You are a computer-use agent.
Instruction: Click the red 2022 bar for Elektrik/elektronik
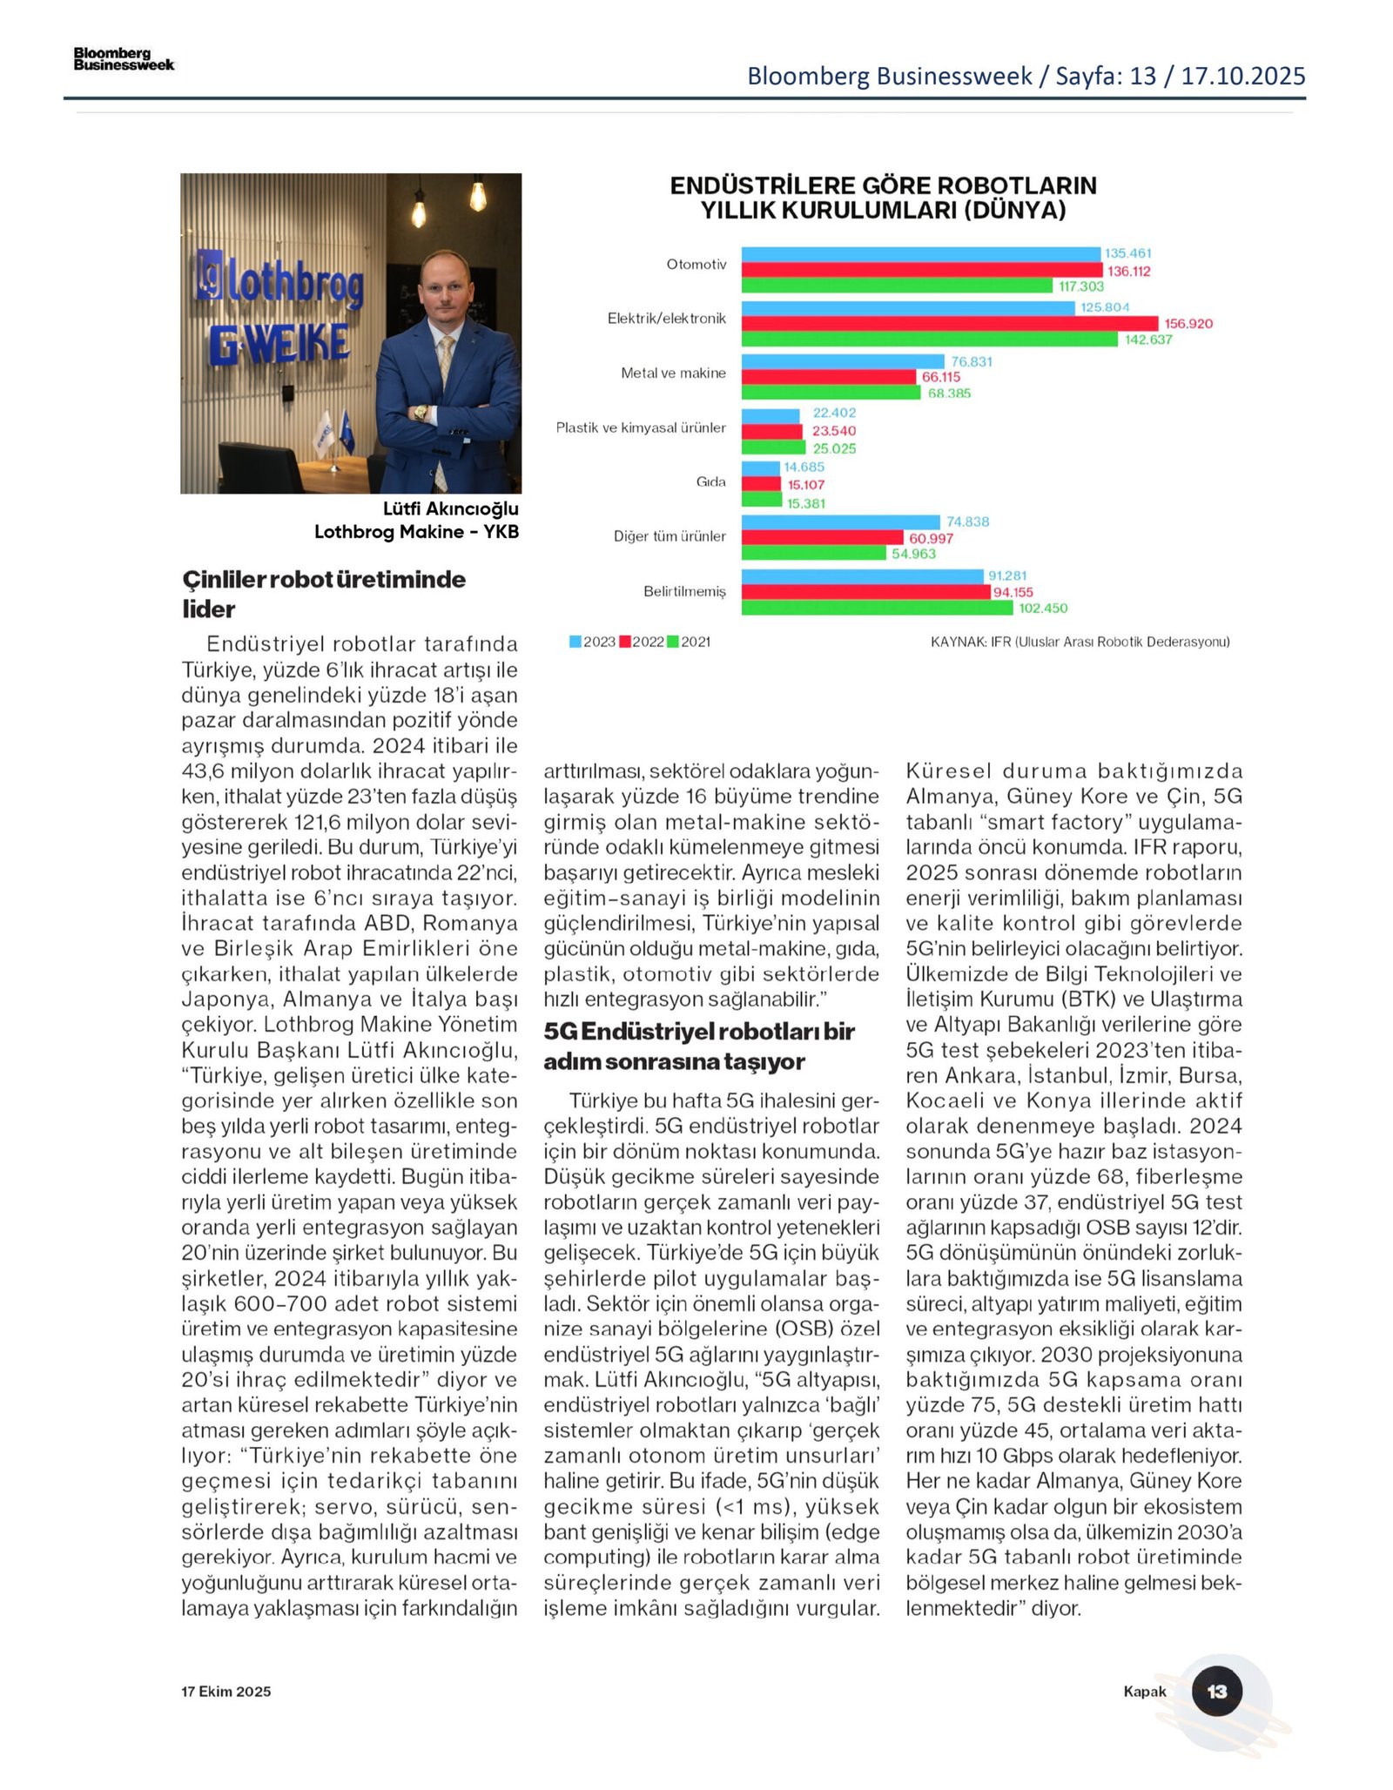[949, 323]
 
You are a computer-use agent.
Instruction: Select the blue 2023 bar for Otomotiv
[920, 253]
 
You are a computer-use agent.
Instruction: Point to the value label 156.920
[1188, 324]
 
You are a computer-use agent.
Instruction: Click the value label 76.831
[972, 361]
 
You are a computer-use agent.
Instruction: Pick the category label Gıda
[710, 481]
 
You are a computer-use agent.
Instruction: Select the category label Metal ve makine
[673, 373]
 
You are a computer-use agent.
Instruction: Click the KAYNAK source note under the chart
[1080, 642]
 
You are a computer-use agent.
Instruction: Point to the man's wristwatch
[421, 414]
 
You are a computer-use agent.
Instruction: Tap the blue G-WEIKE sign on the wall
[279, 344]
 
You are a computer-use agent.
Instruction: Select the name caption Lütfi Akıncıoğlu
[450, 508]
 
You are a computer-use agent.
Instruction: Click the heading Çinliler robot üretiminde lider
[324, 594]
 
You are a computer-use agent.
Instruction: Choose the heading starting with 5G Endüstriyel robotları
[698, 1046]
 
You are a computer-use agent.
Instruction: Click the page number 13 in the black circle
[1216, 1691]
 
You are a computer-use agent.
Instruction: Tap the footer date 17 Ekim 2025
[225, 1691]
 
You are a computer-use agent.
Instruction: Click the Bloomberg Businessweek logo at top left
[124, 59]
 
